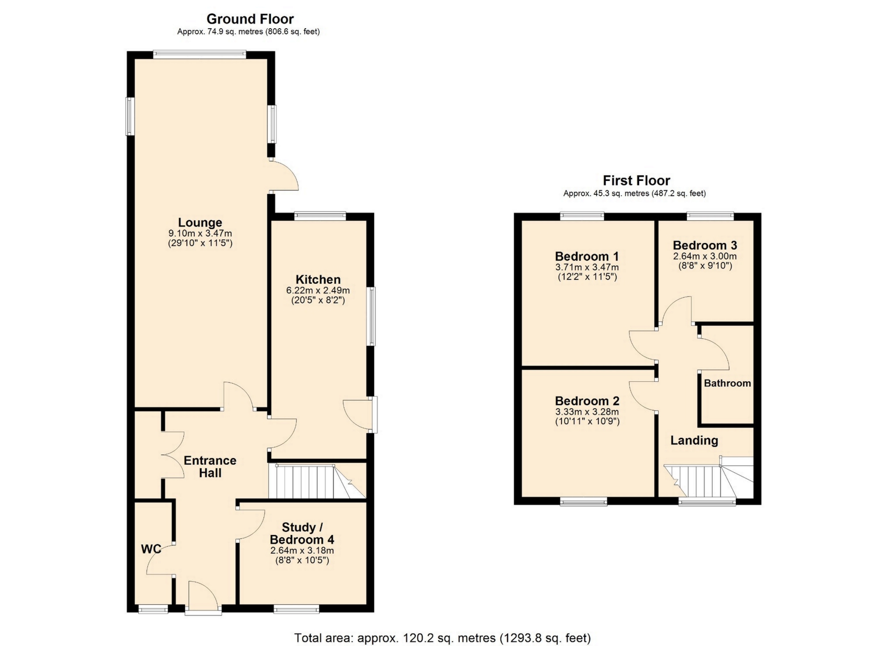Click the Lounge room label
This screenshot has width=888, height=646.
[x=200, y=223]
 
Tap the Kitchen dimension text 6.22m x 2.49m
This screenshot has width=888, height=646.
[x=318, y=291]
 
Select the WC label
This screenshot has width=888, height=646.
[x=151, y=549]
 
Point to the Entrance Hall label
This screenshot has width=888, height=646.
[x=210, y=466]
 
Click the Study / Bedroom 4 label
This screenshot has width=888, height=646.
[x=302, y=534]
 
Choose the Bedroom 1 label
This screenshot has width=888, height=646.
[x=587, y=256]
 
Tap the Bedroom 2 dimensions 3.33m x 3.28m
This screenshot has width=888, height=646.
[x=587, y=412]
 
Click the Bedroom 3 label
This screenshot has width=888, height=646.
[x=705, y=245]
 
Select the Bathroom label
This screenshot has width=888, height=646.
[x=728, y=383]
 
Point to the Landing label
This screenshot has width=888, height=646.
[x=694, y=441]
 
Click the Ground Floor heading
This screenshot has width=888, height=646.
[x=250, y=19]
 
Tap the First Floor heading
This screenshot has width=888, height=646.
[x=636, y=180]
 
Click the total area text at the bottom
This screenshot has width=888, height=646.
[x=443, y=638]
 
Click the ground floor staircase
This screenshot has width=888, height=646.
[x=317, y=481]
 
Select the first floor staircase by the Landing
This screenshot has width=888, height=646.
[x=709, y=477]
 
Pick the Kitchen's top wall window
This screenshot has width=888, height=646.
[x=320, y=215]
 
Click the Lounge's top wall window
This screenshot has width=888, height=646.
[x=200, y=54]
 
